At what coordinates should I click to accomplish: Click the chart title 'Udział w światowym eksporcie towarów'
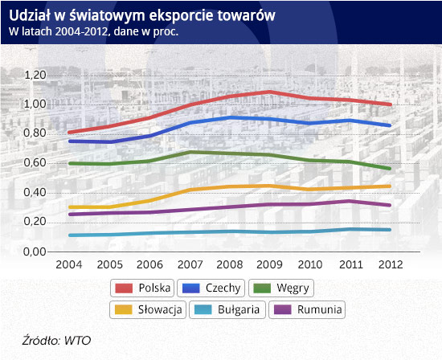click(x=142, y=16)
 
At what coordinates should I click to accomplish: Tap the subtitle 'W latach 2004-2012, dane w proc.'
click(x=93, y=31)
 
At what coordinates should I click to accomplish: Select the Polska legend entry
click(x=142, y=288)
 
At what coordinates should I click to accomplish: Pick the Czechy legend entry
click(x=211, y=288)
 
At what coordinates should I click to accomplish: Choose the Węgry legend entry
click(x=281, y=288)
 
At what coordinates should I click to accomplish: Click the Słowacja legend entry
click(x=148, y=310)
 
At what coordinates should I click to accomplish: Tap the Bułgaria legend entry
click(x=227, y=310)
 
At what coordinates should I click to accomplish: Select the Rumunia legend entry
click(x=307, y=310)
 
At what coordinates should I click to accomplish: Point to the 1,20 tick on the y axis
click(x=35, y=76)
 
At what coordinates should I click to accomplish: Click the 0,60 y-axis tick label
click(x=35, y=163)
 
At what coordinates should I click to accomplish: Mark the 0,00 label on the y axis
click(x=35, y=252)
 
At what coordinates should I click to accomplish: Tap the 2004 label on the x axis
click(x=69, y=264)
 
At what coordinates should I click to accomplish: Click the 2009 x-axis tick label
click(x=269, y=264)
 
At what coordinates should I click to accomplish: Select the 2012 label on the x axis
click(x=391, y=264)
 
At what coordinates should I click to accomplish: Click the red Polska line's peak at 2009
click(x=270, y=92)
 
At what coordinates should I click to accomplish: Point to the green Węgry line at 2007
click(x=190, y=153)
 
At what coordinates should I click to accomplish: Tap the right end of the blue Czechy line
click(x=390, y=125)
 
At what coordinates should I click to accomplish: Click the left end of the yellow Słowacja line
click(x=70, y=207)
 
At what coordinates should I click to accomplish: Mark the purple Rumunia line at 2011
click(x=350, y=201)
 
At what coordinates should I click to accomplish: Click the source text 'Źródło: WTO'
click(x=56, y=341)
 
